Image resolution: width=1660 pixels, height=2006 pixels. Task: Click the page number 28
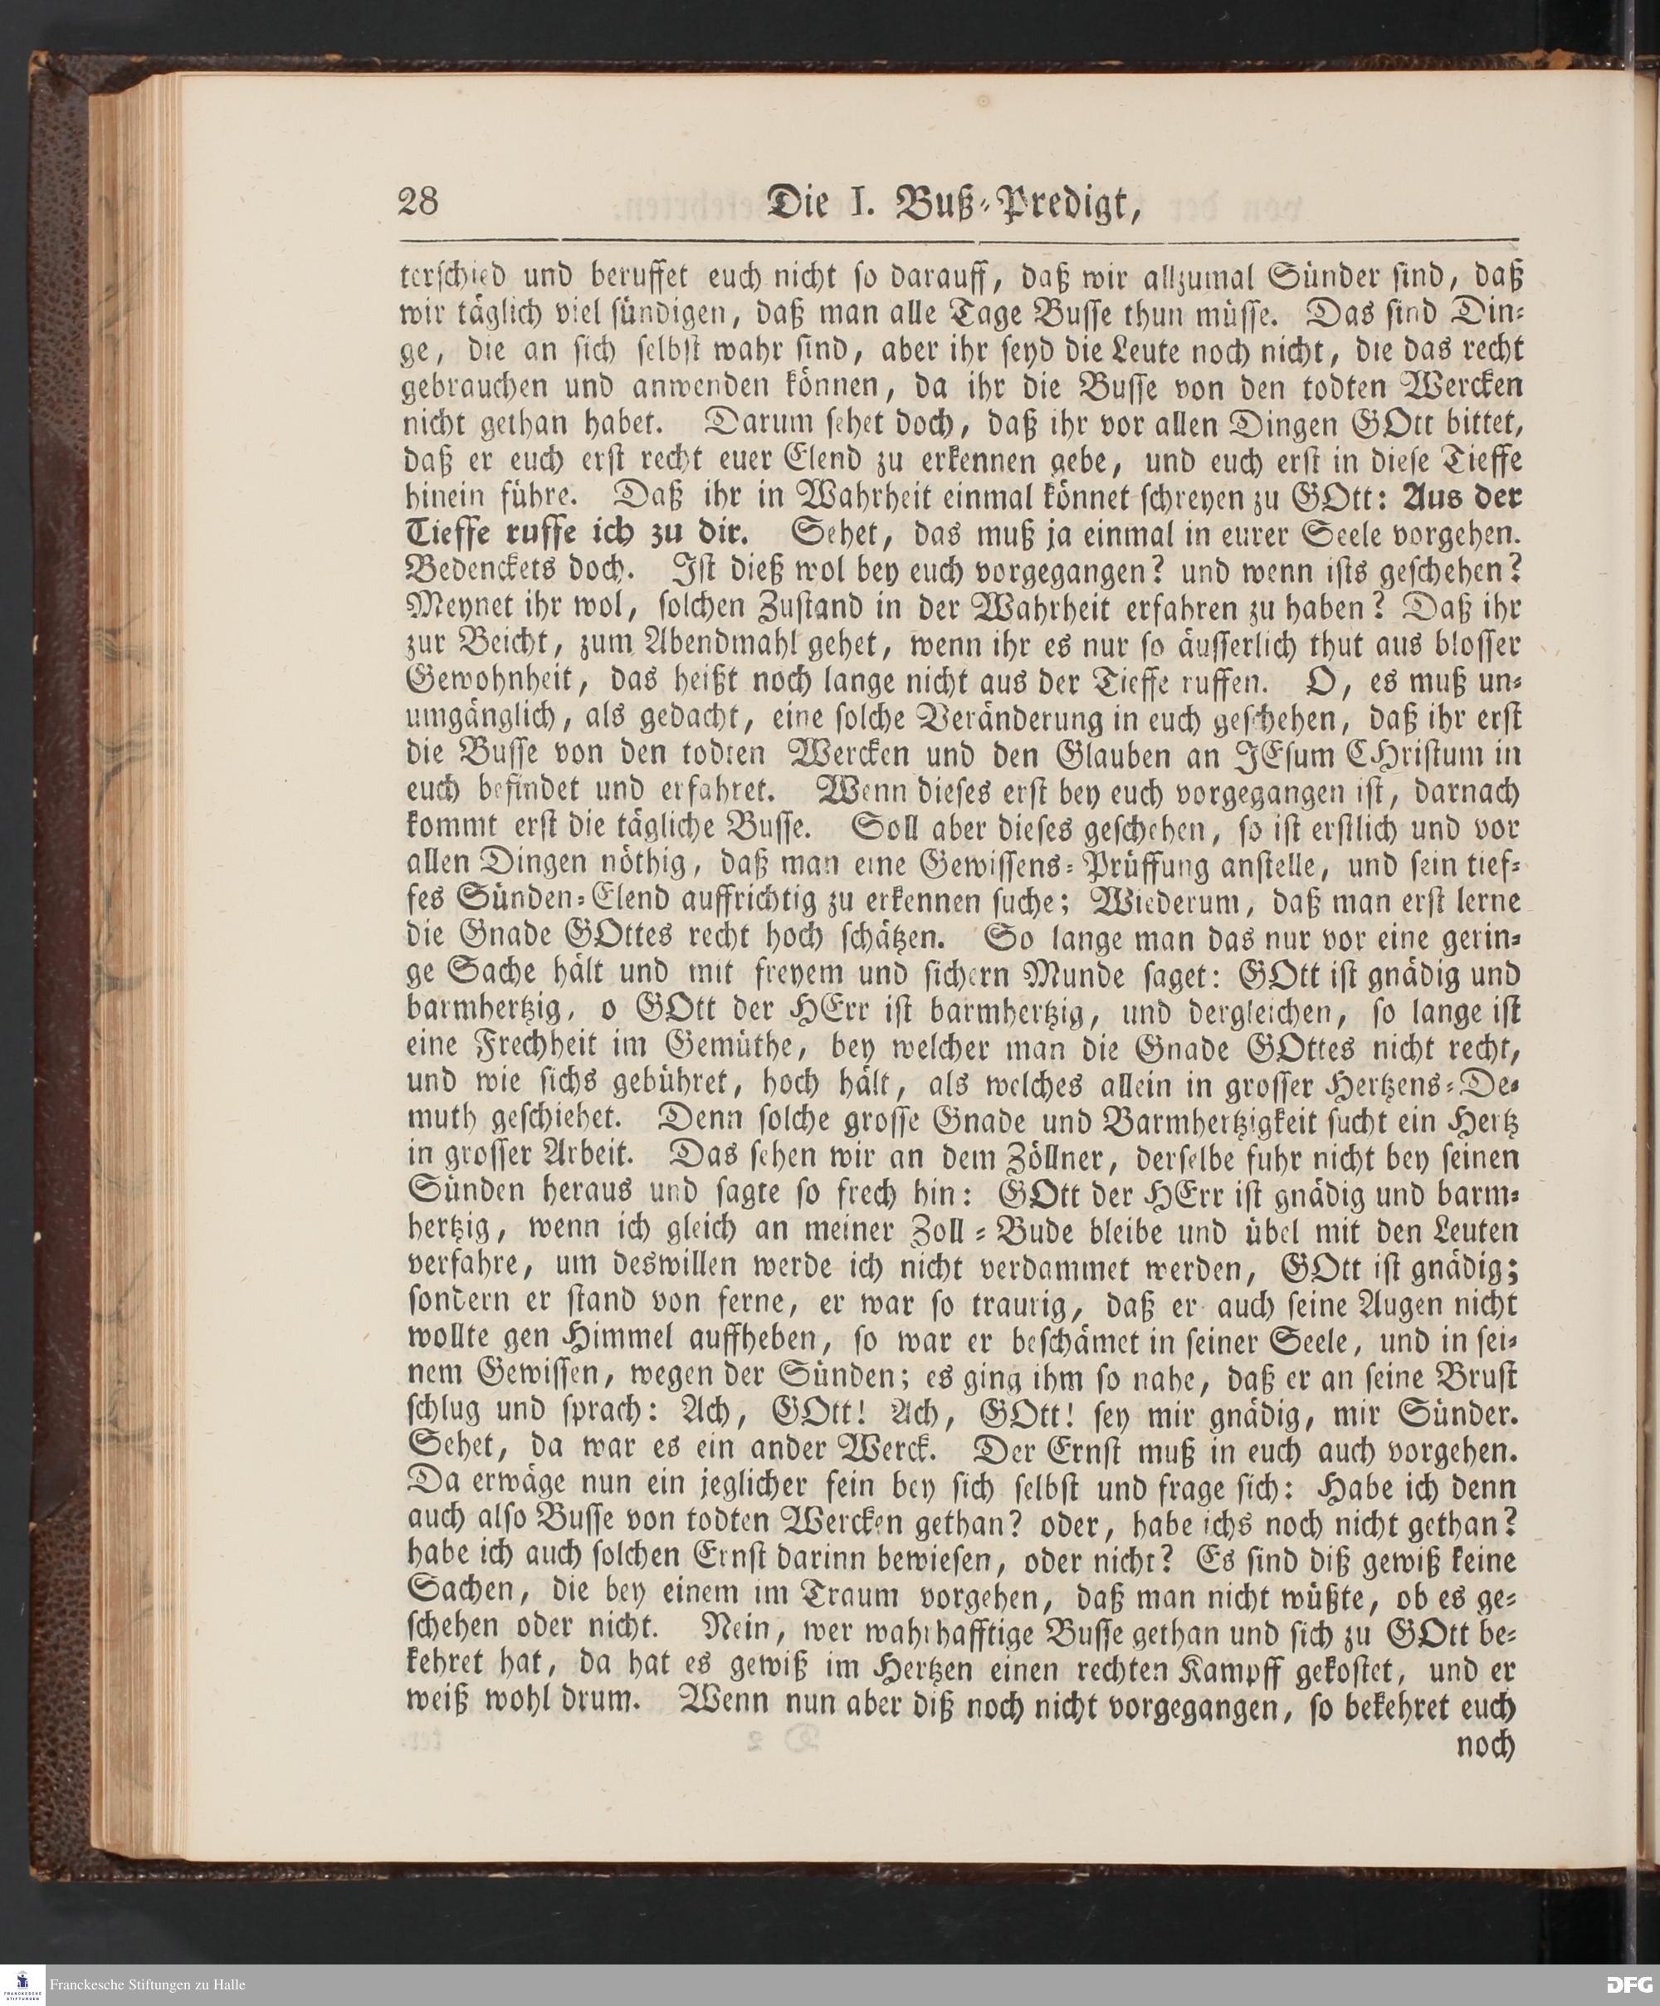[417, 203]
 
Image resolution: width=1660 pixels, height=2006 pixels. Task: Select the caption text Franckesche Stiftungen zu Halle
[148, 1984]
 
